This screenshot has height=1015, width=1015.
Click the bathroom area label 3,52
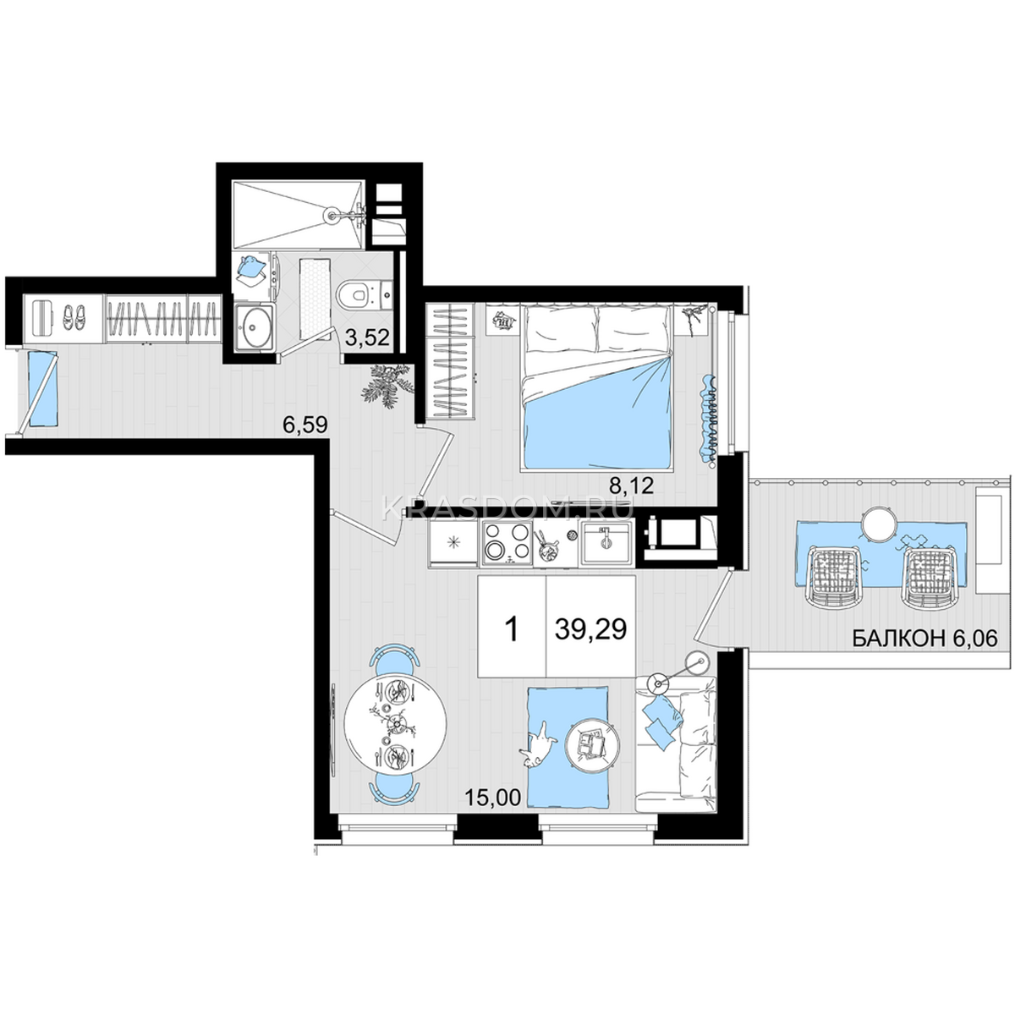(367, 337)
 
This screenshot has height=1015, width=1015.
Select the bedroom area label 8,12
(632, 486)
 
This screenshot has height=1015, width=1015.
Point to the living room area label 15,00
(492, 798)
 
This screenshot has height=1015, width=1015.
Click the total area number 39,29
(590, 628)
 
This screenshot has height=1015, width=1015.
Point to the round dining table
(395, 724)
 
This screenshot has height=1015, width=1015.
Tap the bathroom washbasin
(255, 327)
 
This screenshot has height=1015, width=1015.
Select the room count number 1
(511, 629)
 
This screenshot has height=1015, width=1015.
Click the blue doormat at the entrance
(42, 389)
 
